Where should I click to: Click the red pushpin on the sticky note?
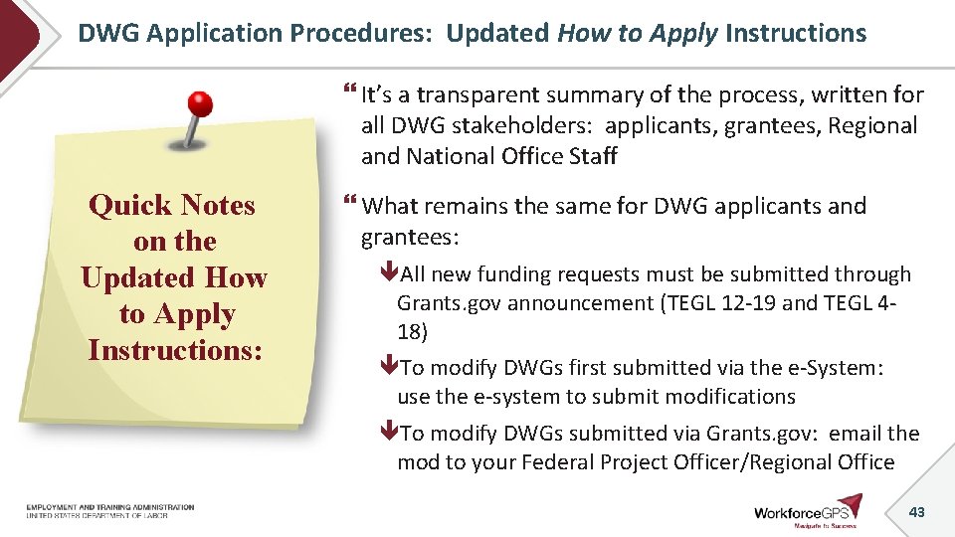200,104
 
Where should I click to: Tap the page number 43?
916,511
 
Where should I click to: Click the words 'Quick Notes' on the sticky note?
172,206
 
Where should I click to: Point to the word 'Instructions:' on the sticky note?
174,351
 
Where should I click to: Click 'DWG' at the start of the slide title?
108,33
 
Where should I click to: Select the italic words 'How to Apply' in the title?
638,33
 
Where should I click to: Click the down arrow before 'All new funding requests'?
390,274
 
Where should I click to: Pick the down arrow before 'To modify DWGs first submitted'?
390,368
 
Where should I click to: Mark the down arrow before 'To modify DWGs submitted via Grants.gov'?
390,434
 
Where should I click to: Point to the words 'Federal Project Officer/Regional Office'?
716,462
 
